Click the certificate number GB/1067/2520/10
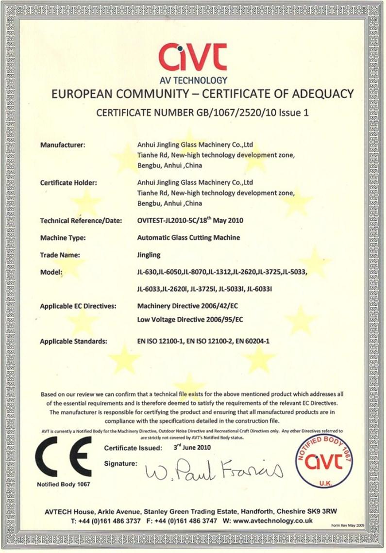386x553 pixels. point(248,113)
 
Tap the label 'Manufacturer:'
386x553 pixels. point(63,145)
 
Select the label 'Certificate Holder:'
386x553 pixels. point(68,183)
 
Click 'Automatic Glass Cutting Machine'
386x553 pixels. point(189,238)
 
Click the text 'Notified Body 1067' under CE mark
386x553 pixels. point(63,484)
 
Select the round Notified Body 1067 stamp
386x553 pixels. point(324,461)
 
